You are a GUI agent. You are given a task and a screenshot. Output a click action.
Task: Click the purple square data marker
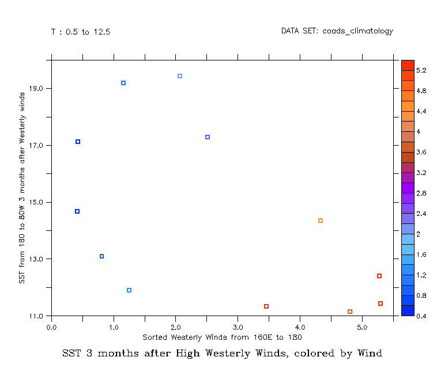208,137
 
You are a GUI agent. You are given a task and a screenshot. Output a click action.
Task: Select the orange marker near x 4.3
321,221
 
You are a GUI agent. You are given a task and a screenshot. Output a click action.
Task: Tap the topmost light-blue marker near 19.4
180,76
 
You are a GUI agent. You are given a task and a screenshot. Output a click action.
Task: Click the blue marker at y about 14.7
77,211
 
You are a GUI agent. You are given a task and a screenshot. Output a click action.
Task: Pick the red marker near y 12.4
379,276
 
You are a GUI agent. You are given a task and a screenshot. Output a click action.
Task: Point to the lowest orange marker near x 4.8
350,312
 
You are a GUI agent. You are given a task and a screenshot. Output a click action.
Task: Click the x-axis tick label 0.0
51,327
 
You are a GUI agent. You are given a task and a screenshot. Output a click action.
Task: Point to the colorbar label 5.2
421,70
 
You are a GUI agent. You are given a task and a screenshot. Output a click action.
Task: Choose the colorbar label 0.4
421,316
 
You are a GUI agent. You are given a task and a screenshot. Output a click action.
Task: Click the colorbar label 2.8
421,193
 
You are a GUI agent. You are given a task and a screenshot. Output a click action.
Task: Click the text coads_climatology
357,31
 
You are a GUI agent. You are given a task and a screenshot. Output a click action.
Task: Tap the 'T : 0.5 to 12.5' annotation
81,32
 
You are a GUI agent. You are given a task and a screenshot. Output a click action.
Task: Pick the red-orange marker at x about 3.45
266,306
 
